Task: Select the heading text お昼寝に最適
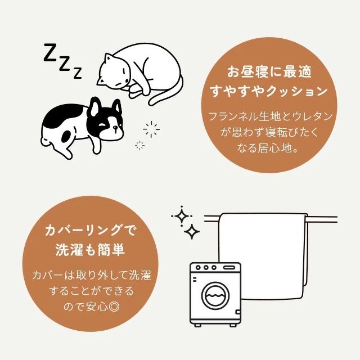coord(269,72)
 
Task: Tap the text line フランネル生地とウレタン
coord(269,117)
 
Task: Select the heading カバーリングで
coord(91,231)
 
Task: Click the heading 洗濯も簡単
coord(90,249)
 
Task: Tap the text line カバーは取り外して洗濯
coord(91,276)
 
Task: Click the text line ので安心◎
coord(91,307)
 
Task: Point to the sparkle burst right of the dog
coord(151,130)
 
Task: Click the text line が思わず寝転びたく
coord(269,134)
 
